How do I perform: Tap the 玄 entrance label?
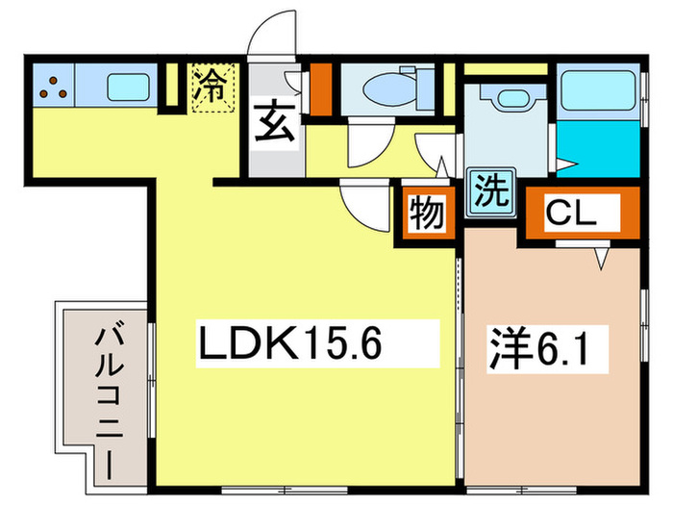274,126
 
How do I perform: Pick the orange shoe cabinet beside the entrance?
320,87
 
